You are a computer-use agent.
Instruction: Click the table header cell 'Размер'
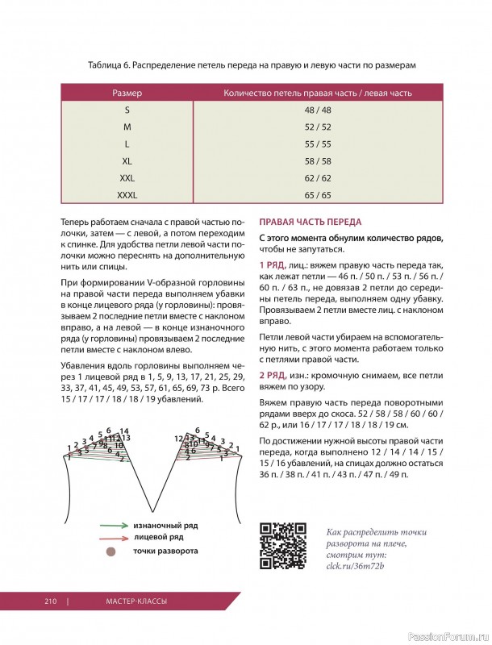[x=127, y=94]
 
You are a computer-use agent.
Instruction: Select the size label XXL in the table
[x=127, y=178]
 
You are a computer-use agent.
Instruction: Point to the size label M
[x=127, y=127]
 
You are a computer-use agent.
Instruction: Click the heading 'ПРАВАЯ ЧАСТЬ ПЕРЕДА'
[x=310, y=222]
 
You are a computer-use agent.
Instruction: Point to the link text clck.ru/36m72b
[x=354, y=567]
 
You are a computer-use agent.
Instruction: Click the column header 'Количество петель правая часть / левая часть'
[x=317, y=94]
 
